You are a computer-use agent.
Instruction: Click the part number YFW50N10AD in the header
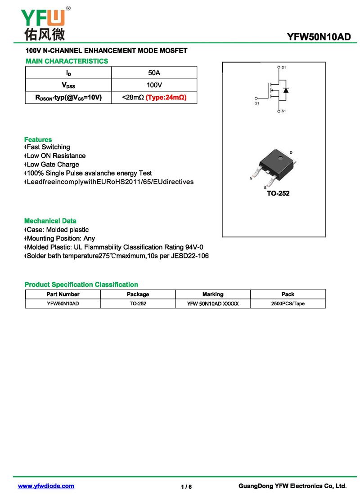click(x=319, y=37)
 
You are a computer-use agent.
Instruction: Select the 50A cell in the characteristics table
click(x=154, y=72)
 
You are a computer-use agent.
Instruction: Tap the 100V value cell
click(x=154, y=85)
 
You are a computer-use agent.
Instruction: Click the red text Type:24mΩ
click(x=166, y=97)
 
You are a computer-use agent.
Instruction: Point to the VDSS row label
click(x=68, y=85)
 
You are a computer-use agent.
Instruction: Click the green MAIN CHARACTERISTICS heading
click(x=67, y=61)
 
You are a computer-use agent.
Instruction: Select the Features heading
click(x=38, y=139)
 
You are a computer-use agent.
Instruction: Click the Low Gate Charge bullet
click(x=52, y=164)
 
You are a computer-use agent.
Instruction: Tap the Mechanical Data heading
click(x=50, y=221)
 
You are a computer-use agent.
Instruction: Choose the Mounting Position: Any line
click(x=60, y=238)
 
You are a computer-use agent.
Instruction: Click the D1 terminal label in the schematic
click(x=283, y=67)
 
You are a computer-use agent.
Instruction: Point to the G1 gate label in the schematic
click(x=257, y=103)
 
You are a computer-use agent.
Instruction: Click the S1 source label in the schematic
click(x=283, y=111)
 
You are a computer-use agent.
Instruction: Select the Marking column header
click(x=212, y=294)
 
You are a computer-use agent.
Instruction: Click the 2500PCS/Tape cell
click(x=288, y=303)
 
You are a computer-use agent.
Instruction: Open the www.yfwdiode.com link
click(x=46, y=486)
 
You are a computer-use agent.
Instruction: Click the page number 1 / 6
click(x=186, y=487)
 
